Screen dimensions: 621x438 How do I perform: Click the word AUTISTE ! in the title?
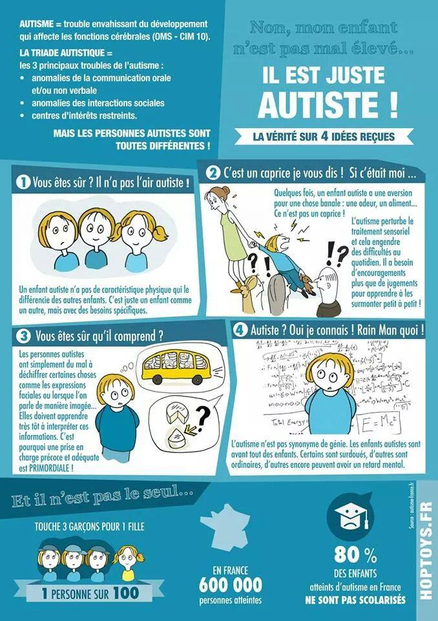pos(327,104)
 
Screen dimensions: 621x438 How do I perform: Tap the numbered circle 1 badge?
pos(23,183)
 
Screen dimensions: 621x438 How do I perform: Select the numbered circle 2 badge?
pos(213,173)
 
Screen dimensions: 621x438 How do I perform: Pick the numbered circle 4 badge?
pos(240,329)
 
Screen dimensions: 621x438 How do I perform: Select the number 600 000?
pos(231,585)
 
